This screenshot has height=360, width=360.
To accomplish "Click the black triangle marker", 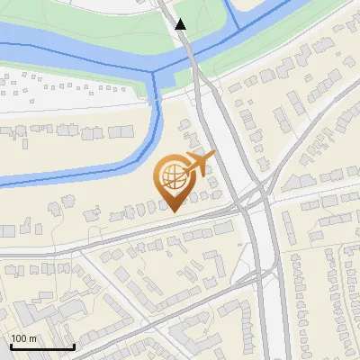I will tap(181, 24).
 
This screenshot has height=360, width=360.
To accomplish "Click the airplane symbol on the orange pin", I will tap(199, 163).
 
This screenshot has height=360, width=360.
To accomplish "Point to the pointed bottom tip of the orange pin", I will tap(175, 211).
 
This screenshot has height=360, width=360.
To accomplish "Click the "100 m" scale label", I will tap(23, 337).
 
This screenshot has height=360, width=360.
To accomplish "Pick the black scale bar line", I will tap(42, 347).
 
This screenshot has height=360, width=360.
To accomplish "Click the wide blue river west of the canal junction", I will tap(72, 54).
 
